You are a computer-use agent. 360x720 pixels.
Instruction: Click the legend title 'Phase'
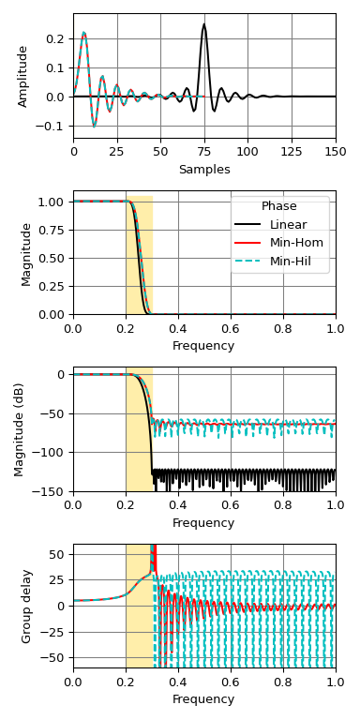[279, 206]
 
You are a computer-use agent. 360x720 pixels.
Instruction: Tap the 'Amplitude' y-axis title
[23, 76]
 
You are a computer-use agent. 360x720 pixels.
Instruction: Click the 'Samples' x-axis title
[204, 170]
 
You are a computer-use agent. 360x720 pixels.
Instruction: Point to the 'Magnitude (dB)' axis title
[20, 429]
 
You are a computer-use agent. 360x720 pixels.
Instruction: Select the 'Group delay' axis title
[27, 606]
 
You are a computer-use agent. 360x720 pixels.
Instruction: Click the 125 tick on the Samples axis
[292, 150]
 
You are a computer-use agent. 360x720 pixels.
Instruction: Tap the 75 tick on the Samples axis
[204, 150]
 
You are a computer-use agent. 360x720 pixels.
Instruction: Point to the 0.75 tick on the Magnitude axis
[53, 230]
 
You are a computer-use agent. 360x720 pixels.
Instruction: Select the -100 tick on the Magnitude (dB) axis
[52, 453]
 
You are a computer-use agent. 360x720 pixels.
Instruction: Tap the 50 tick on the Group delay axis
[58, 554]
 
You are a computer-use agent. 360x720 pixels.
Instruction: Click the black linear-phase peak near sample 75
[203, 25]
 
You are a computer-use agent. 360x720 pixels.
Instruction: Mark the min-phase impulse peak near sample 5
[83, 33]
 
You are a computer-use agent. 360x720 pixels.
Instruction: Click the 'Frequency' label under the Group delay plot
[203, 699]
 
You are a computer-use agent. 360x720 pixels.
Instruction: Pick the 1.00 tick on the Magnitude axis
[53, 202]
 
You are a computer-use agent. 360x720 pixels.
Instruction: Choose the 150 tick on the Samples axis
[335, 150]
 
